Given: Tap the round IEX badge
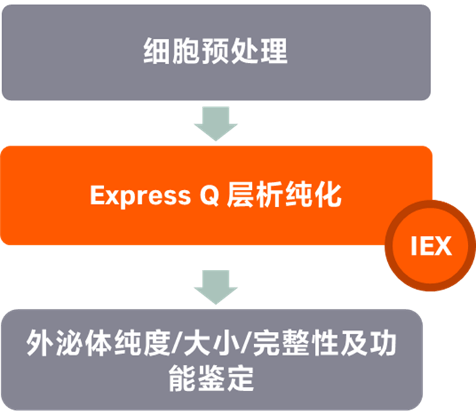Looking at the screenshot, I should pyautogui.click(x=431, y=246).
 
